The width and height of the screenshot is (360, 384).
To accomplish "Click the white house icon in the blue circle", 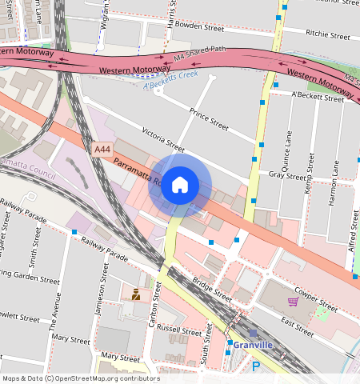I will tap(180, 185).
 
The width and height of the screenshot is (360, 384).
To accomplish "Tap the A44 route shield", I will tap(102, 150).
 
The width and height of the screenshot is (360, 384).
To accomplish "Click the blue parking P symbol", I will tap(256, 366).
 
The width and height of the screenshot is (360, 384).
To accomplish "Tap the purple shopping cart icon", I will tap(293, 302).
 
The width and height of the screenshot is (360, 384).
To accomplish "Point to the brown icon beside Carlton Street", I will tap(136, 294).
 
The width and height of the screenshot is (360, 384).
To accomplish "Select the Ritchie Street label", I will tap(328, 35).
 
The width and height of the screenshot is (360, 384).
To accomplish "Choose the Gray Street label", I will tap(288, 174).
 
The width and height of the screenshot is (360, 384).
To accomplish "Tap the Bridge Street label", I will tap(212, 288).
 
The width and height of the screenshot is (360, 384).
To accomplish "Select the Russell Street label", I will tap(179, 330).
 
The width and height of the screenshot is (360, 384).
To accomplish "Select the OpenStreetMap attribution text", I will tap(80, 378).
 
